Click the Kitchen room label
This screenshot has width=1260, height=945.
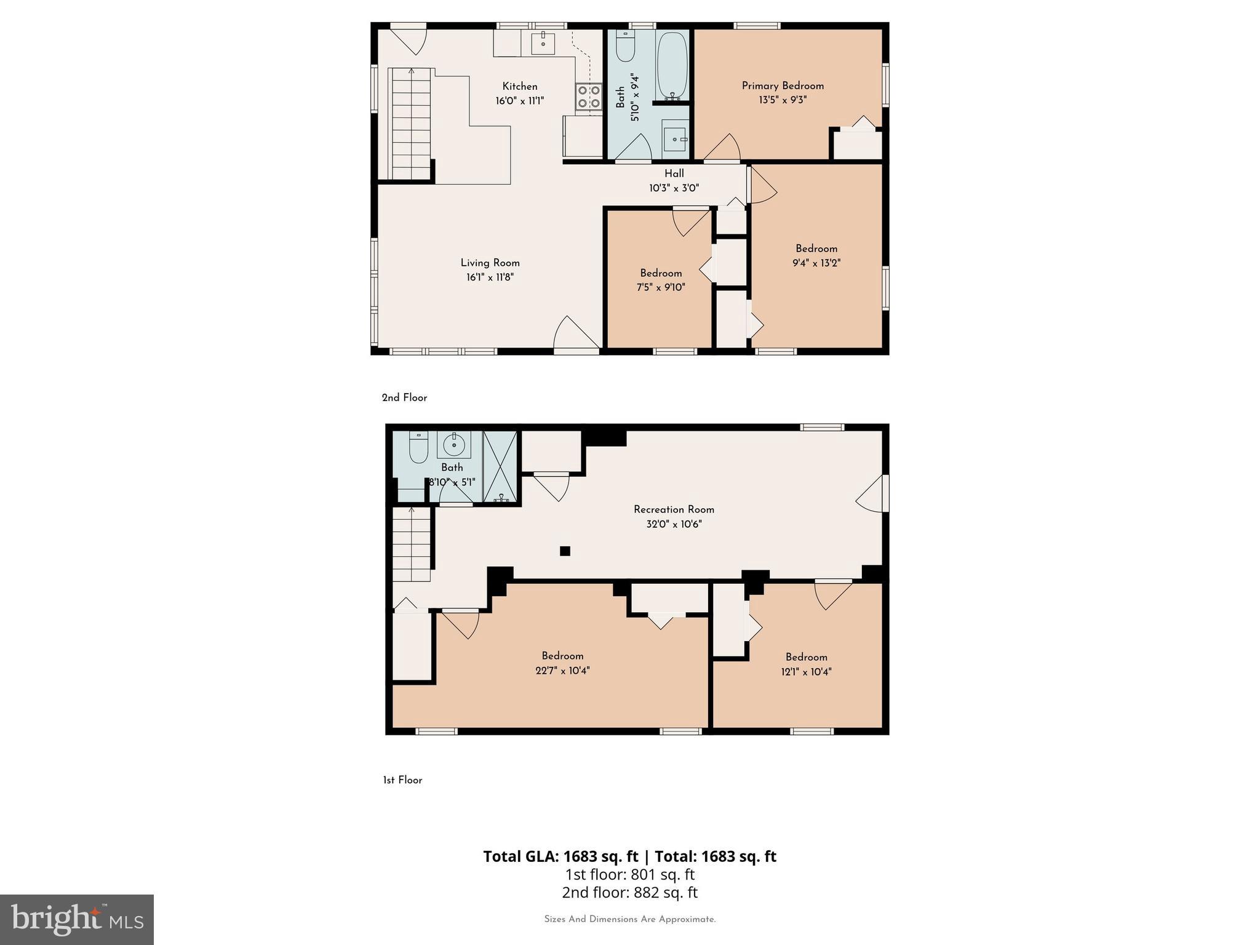pos(520,87)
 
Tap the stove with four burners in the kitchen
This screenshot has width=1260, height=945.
pos(589,97)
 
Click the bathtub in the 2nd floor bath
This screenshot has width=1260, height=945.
pos(672,65)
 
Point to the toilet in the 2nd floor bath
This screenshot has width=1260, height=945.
pos(625,47)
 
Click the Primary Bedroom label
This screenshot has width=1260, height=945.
pos(783,86)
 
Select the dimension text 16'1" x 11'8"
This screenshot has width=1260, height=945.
pos(490,277)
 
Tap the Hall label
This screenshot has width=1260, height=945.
pos(674,173)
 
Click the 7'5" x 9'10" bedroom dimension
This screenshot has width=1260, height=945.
pos(661,287)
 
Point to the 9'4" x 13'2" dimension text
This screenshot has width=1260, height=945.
pos(816,263)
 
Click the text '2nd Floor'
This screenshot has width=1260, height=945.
pos(404,398)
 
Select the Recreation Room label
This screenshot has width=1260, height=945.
pos(674,509)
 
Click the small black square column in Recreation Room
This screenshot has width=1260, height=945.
pos(565,551)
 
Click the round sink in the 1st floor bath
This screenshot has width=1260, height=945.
pos(454,444)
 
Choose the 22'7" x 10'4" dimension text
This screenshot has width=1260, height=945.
pos(562,671)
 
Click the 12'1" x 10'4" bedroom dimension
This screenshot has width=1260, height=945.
pos(806,672)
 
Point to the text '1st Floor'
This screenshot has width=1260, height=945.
pos(402,780)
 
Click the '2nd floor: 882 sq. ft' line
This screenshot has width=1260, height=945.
pos(629,893)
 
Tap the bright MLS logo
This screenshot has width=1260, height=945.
pos(77,920)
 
